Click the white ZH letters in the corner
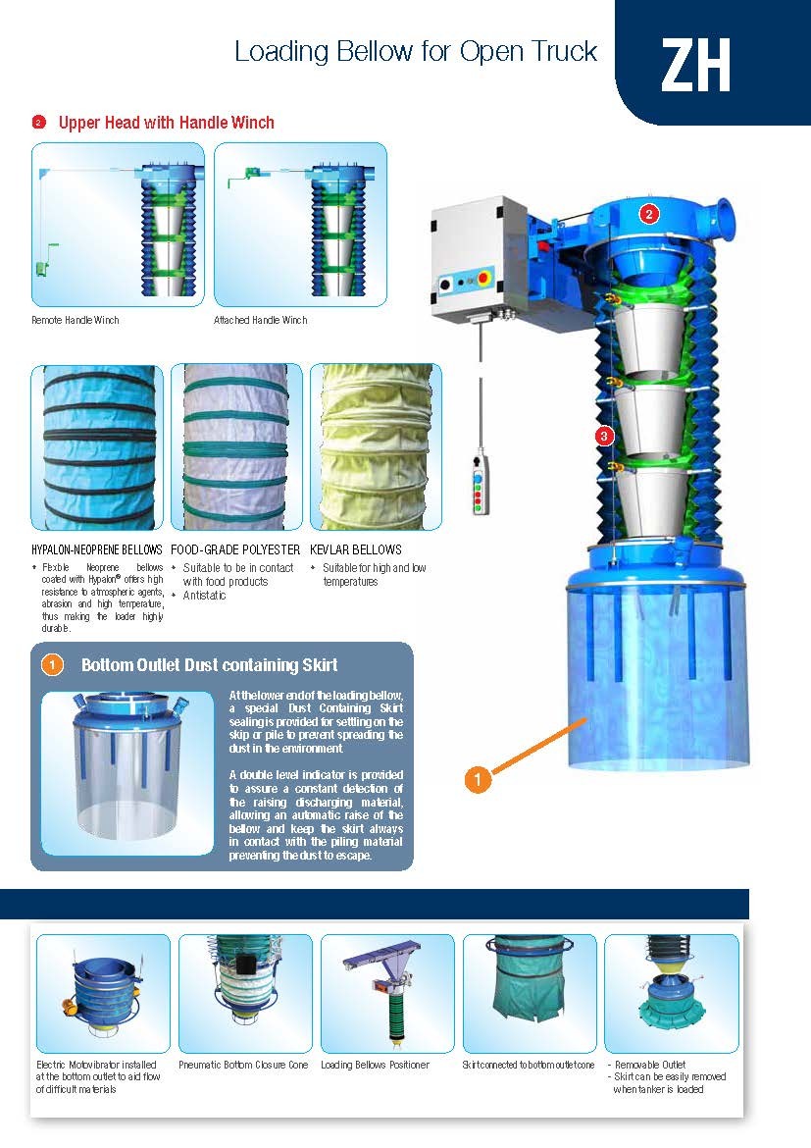695,65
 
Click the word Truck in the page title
564,51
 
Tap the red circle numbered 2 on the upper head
648,214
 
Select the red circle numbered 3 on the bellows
604,437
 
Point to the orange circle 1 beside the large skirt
478,779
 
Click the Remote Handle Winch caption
75,320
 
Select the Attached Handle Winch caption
261,320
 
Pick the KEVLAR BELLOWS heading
356,549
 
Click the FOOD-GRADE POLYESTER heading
235,549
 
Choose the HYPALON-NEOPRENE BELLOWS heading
97,549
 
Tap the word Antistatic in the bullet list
204,596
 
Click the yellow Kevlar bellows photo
376,446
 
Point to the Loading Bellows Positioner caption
375,1065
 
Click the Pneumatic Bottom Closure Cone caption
243,1065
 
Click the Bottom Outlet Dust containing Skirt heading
209,665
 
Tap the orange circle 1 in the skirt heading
52,665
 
